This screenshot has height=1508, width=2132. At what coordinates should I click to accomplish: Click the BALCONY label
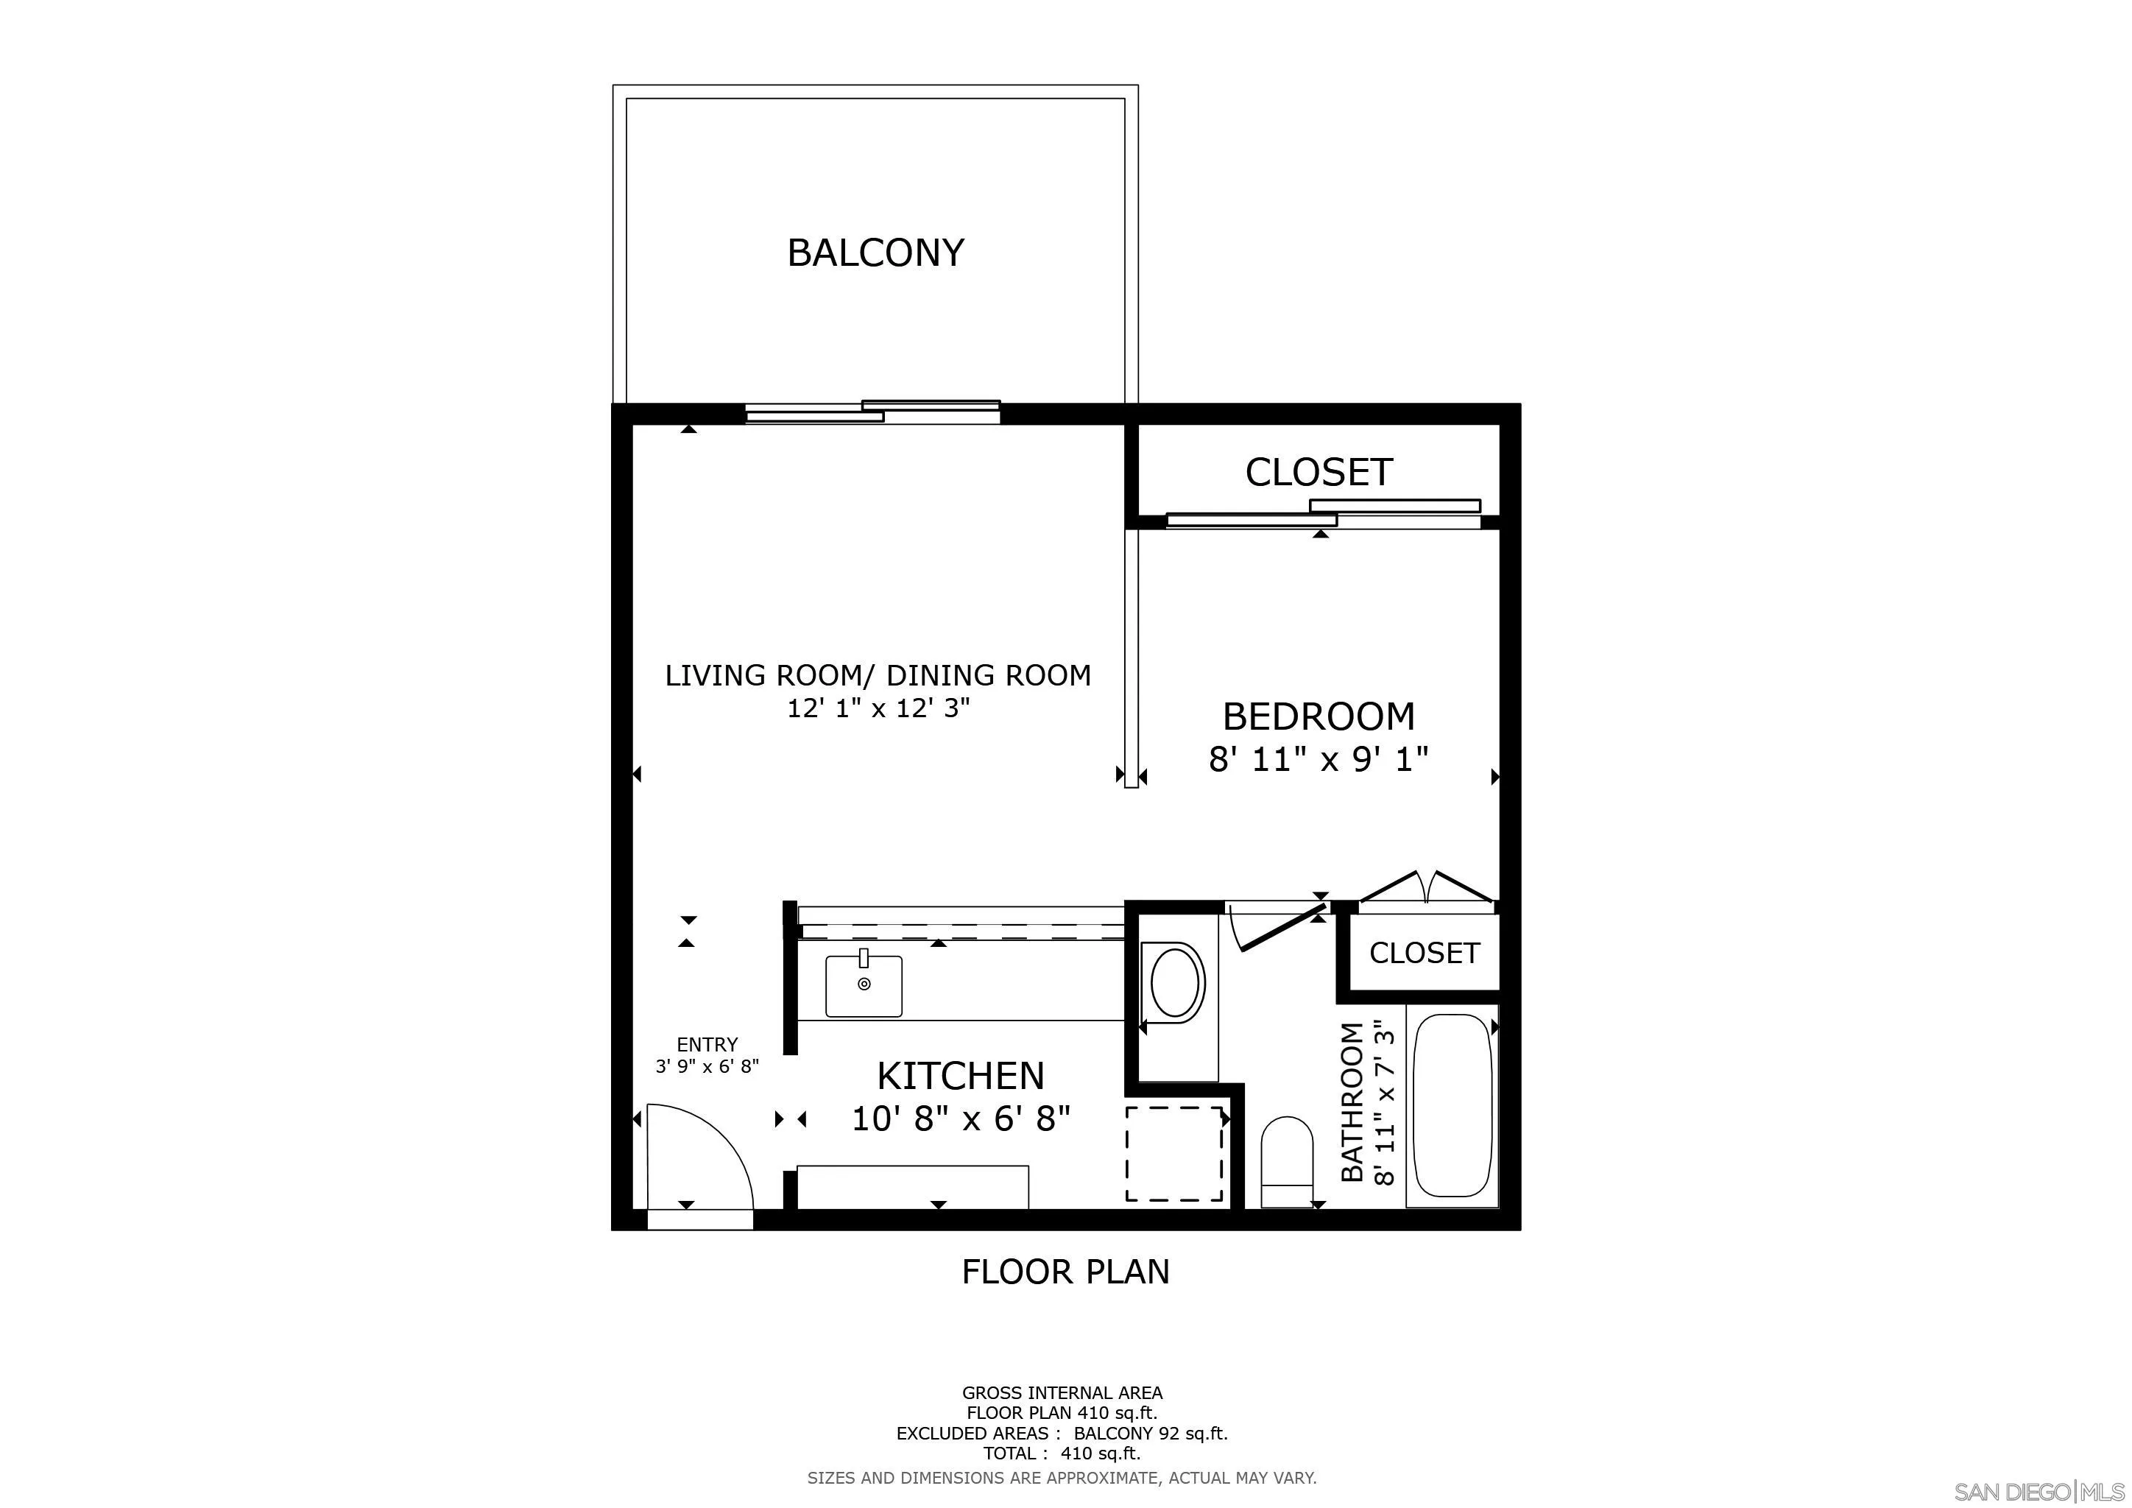pos(875,253)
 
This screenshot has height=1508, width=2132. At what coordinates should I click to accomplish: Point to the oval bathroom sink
pos(1175,982)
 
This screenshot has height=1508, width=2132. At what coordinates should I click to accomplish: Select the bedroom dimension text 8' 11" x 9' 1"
pos(1318,760)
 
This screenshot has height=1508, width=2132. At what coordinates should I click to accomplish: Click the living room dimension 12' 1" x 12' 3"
pos(878,708)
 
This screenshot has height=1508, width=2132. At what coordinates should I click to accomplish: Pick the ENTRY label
pos(707,1043)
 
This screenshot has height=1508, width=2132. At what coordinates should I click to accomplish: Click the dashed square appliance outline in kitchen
pos(1175,1152)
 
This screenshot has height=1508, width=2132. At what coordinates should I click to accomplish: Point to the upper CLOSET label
pos(1318,472)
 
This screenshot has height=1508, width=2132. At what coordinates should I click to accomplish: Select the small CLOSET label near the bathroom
pos(1424,953)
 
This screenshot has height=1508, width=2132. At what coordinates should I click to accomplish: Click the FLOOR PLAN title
pos(1065,1271)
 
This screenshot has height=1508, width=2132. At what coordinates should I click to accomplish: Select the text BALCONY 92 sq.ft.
pos(1151,1433)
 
